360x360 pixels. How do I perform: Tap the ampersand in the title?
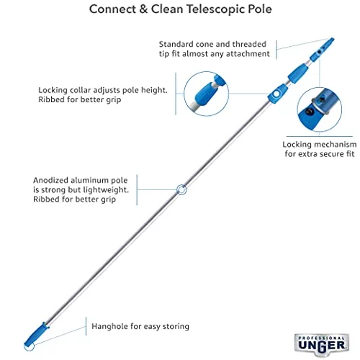click(143, 9)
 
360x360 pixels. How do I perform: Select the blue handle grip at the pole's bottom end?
click(37, 334)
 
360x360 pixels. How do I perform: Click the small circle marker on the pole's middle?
click(181, 189)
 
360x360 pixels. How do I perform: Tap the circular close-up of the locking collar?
click(206, 94)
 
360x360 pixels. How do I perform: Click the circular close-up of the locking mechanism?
click(320, 109)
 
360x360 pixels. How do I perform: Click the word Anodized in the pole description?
click(50, 180)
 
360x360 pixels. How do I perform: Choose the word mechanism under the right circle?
click(337, 145)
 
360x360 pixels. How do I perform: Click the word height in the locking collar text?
click(154, 91)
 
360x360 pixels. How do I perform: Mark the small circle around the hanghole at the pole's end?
click(30, 346)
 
